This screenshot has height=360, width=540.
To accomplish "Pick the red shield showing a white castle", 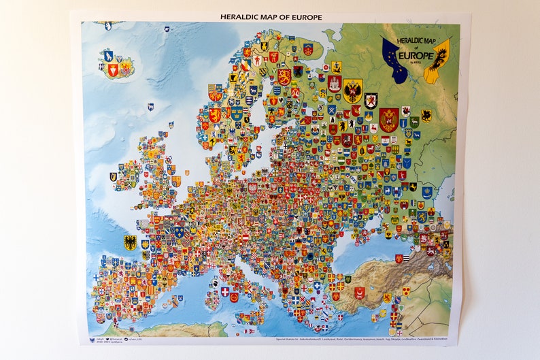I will [334, 83].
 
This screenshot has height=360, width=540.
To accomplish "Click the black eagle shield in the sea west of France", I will [130, 242].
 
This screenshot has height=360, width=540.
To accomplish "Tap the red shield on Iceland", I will [113, 69].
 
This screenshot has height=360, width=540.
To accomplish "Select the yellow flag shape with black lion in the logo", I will [437, 61].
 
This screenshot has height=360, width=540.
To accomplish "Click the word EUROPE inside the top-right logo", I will [416, 55].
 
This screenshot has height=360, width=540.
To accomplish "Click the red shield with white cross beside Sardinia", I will [225, 291].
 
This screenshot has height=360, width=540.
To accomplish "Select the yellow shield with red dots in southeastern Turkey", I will [405, 291].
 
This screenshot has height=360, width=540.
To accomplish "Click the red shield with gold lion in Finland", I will [284, 76].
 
